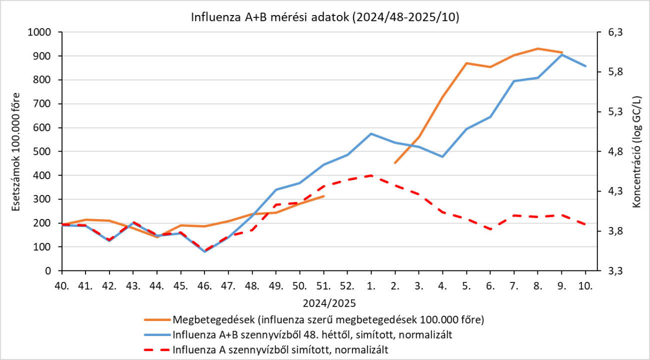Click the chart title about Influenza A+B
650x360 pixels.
tap(325, 17)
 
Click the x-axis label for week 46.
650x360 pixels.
tap(204, 286)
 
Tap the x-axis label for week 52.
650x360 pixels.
tap(347, 286)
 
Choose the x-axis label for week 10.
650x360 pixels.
tap(585, 286)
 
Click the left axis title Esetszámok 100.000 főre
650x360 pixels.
tap(16, 151)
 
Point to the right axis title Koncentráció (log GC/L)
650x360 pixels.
tap(637, 151)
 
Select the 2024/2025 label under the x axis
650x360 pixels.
tap(325, 303)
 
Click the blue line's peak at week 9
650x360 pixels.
tap(561, 54)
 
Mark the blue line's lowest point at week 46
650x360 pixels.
tap(204, 251)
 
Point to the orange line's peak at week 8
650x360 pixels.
tap(538, 48)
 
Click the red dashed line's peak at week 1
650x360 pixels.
tap(371, 175)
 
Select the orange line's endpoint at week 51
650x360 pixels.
tap(323, 196)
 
